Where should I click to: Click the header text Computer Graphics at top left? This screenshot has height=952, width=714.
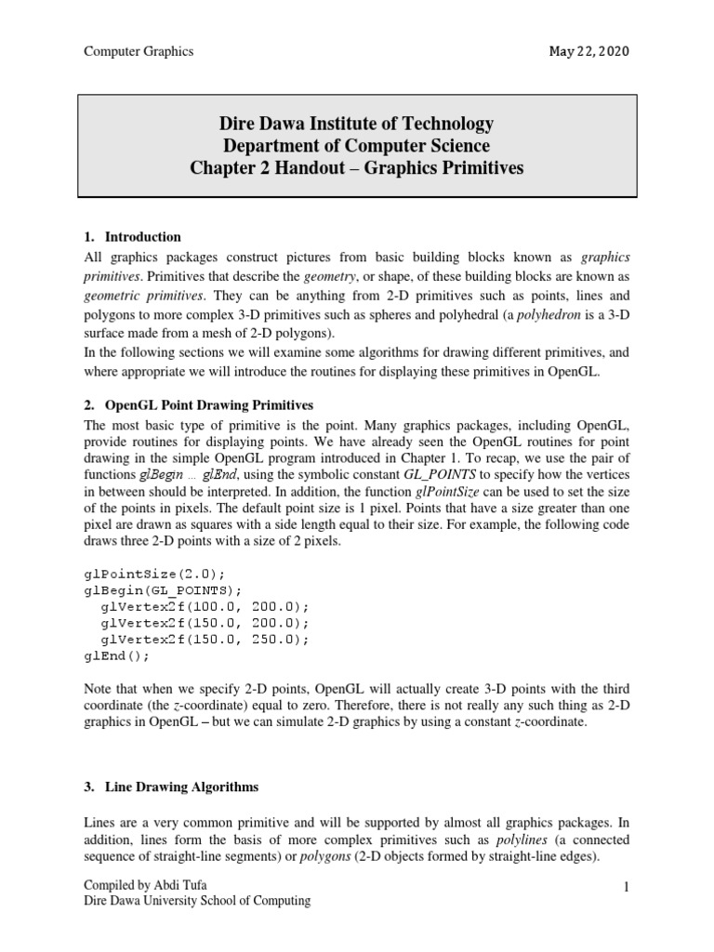(139, 51)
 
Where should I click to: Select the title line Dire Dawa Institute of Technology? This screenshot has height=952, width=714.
(356, 124)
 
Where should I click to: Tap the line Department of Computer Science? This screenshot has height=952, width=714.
(356, 146)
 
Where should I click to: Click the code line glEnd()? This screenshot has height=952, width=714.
(116, 655)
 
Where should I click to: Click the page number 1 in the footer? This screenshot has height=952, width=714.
(627, 886)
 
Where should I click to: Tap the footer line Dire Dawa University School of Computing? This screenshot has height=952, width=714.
(197, 901)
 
